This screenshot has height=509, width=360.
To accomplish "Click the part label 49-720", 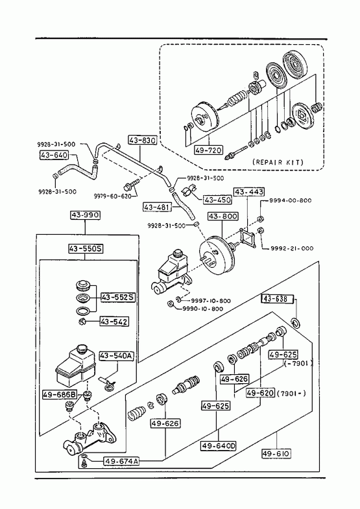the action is (x=208, y=150).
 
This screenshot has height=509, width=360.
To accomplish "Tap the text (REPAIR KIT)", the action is (x=278, y=162).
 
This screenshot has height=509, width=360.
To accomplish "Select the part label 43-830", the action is (x=142, y=140).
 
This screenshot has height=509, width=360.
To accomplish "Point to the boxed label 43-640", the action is (x=54, y=155).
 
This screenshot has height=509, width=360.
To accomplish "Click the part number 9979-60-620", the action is (x=113, y=196).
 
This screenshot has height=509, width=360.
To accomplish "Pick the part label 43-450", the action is (x=217, y=200).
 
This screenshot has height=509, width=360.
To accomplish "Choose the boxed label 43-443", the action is (x=249, y=192).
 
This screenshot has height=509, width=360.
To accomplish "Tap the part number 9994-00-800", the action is (x=290, y=200).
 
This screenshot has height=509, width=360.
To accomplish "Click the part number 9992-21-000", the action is (x=292, y=248).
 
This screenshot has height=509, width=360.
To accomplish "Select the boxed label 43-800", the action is (x=223, y=216).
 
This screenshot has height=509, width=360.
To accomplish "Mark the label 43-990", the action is (x=85, y=215).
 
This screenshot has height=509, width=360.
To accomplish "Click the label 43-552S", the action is (x=118, y=297).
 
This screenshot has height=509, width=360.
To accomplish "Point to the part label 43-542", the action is (x=114, y=322).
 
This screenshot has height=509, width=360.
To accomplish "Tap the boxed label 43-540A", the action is (x=116, y=356).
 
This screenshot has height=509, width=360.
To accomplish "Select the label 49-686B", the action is (x=60, y=395).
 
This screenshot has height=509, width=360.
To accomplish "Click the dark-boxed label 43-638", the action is (x=278, y=299).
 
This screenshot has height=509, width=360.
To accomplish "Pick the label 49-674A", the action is (x=121, y=461).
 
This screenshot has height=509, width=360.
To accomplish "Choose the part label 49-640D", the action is (x=219, y=445).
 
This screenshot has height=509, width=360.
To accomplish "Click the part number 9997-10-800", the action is (x=210, y=301).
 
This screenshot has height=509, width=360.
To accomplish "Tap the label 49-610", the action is (x=276, y=453).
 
